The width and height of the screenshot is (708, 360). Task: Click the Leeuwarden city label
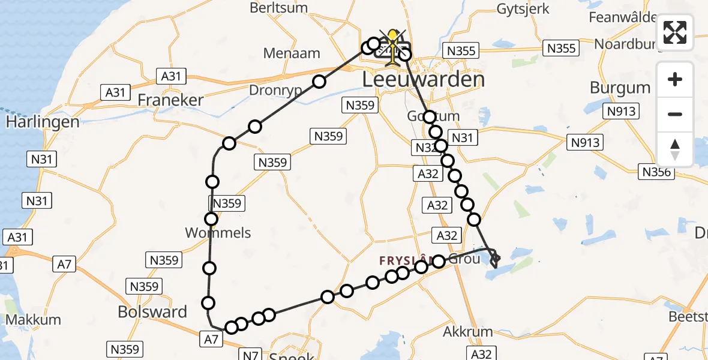[423, 80]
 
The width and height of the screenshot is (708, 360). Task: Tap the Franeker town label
[170, 100]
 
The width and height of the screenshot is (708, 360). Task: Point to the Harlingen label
[43, 122]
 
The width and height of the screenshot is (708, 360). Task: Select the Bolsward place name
[152, 312]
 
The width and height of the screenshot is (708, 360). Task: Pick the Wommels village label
[218, 233]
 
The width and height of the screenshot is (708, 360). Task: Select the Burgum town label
[620, 88]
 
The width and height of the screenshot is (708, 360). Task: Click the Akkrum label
[467, 332]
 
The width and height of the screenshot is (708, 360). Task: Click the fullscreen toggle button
[675, 32]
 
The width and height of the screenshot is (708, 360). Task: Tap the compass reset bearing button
[675, 149]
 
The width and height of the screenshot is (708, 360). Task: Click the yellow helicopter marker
[393, 45]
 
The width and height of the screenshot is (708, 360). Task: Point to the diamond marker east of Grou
[495, 259]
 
